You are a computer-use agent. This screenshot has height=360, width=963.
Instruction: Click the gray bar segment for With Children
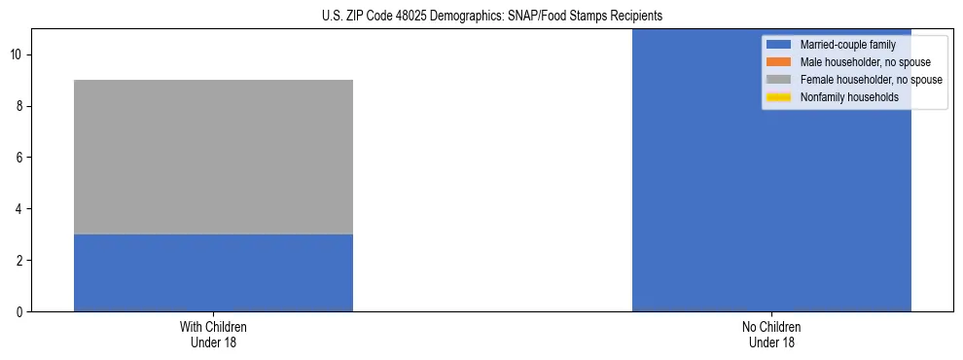click(213, 157)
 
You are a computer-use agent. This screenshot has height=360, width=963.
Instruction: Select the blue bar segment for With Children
click(213, 272)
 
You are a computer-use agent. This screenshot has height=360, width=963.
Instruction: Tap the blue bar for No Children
click(771, 170)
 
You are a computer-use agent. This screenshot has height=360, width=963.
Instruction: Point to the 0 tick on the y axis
click(20, 312)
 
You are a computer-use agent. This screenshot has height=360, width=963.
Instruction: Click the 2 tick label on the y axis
click(20, 261)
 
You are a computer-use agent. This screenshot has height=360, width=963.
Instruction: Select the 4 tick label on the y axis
click(20, 209)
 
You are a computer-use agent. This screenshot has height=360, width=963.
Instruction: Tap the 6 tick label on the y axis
click(20, 158)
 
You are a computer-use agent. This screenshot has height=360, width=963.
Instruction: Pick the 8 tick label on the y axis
click(20, 106)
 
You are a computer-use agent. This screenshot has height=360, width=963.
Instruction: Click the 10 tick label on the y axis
click(18, 54)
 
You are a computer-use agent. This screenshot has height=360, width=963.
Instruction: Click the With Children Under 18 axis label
click(213, 335)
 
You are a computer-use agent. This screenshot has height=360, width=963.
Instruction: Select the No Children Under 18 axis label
click(771, 335)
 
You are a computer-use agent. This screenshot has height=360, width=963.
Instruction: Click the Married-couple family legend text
click(847, 45)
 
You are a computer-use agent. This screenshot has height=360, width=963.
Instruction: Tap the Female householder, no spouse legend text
click(871, 80)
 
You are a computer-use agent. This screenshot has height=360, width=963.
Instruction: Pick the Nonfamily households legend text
click(849, 97)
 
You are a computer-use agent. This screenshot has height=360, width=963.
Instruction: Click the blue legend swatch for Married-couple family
click(778, 45)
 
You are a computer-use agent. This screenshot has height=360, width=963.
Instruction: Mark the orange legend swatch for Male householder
click(778, 62)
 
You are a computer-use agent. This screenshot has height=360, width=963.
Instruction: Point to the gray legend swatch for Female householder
click(778, 80)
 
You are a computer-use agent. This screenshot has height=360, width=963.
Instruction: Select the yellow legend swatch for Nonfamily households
click(778, 97)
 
